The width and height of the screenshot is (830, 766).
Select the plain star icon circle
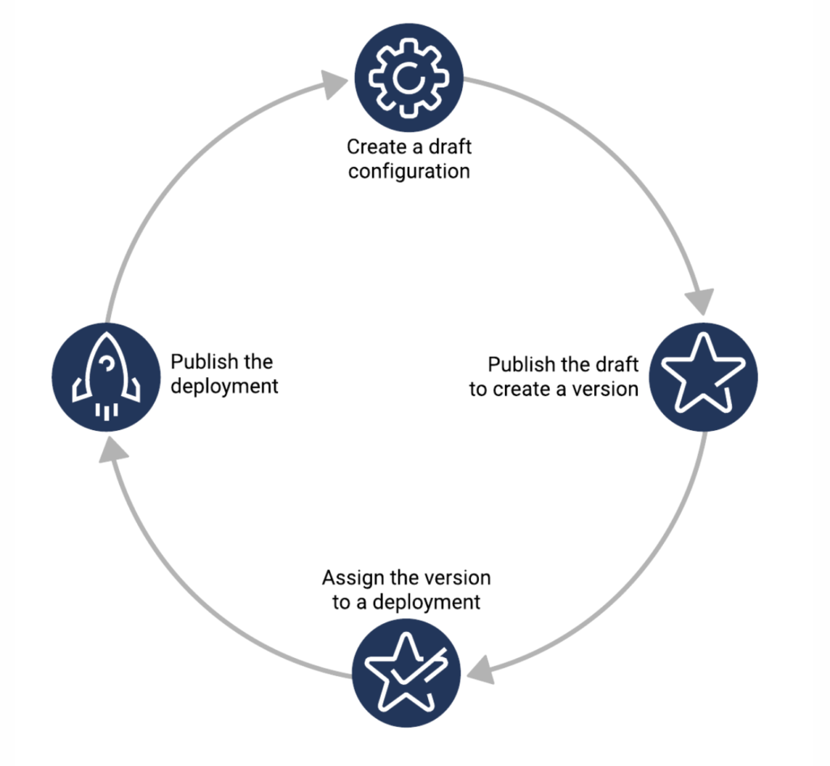pyautogui.click(x=704, y=375)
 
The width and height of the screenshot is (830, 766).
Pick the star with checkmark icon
pyautogui.click(x=406, y=671)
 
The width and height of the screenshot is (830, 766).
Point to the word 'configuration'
pyautogui.click(x=409, y=172)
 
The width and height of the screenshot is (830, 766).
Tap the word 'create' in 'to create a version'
pyautogui.click(x=519, y=389)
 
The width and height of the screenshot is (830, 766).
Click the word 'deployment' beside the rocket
pyautogui.click(x=225, y=385)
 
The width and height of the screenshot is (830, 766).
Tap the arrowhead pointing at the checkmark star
pyautogui.click(x=481, y=669)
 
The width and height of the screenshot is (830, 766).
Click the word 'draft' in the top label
pyautogui.click(x=450, y=148)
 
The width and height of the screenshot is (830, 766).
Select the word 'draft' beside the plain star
pyautogui.click(x=615, y=364)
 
